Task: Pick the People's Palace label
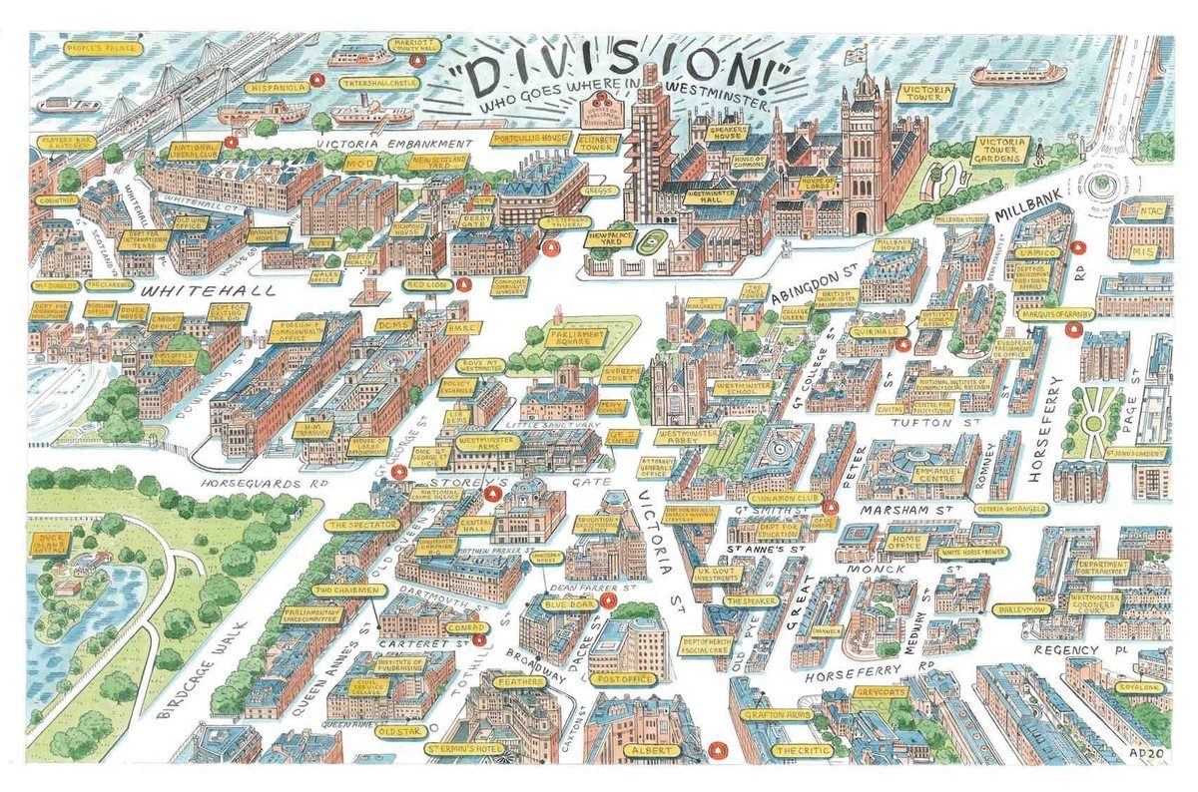click(98, 48)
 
